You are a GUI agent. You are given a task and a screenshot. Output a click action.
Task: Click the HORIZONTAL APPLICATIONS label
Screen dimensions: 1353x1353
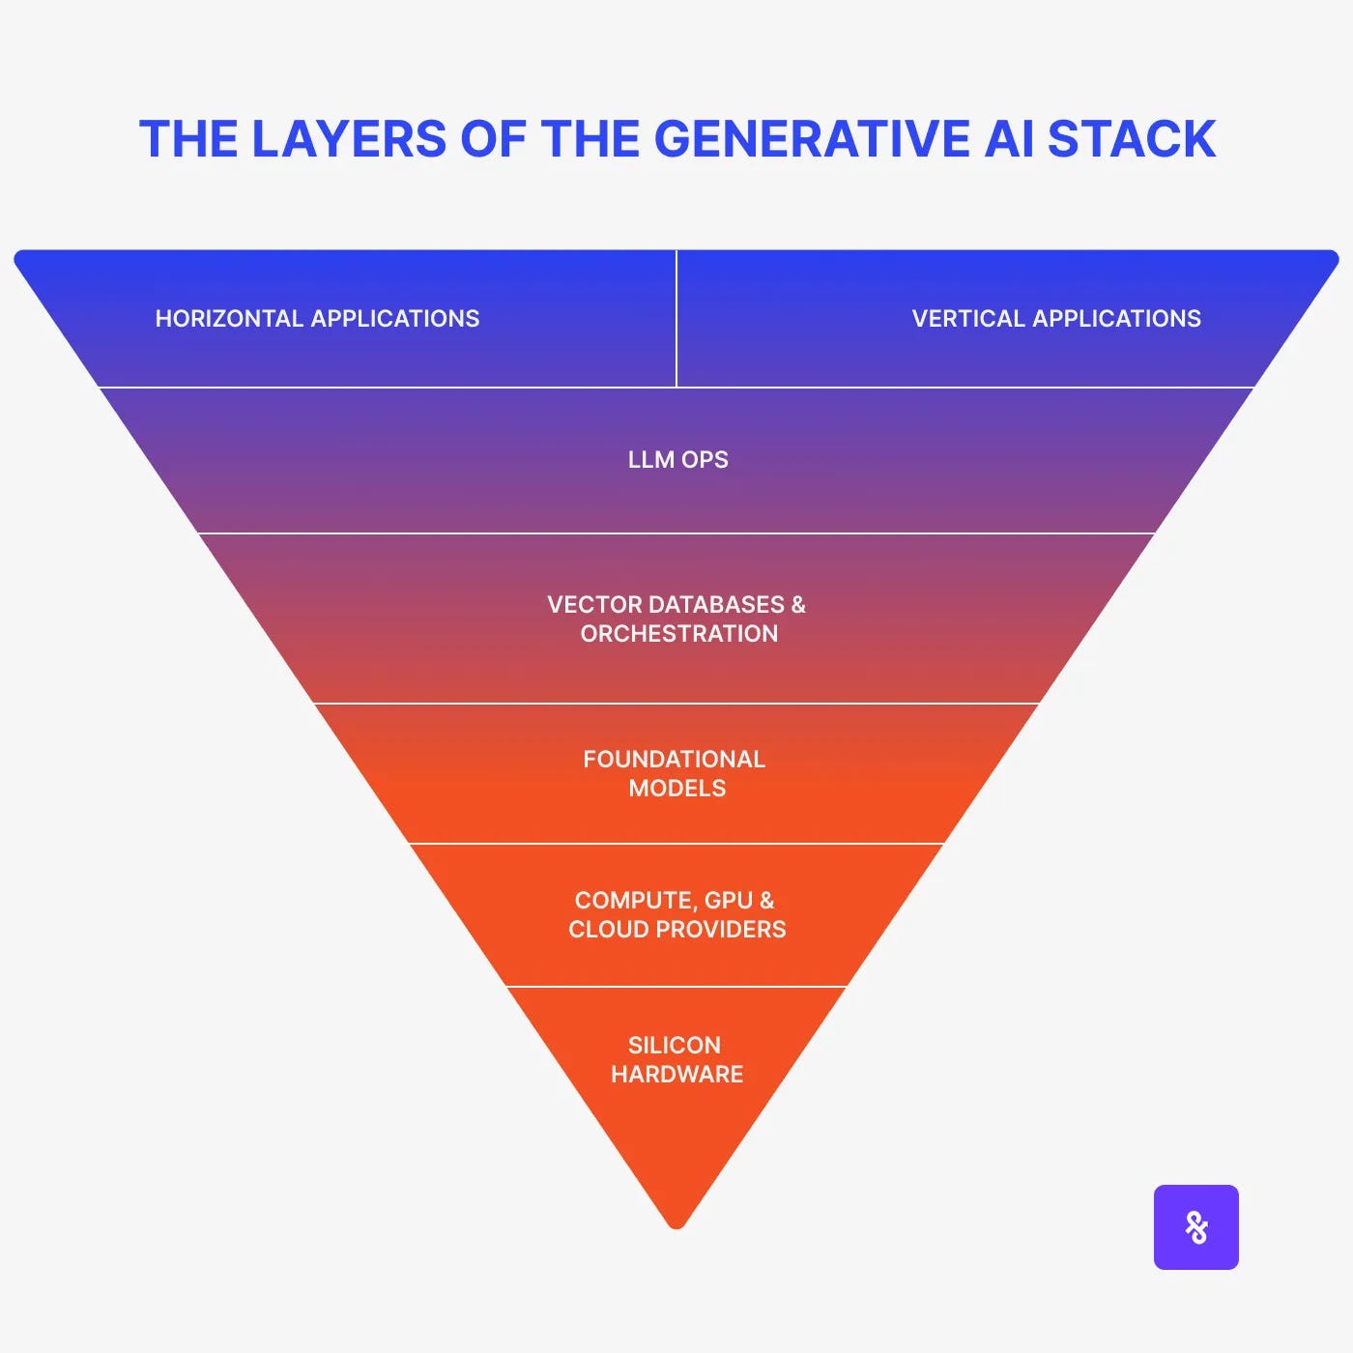point(317,319)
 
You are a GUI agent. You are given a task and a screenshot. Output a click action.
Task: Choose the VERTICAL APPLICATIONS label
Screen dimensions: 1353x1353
point(1056,319)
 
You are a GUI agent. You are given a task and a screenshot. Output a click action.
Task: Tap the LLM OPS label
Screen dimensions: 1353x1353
point(677,460)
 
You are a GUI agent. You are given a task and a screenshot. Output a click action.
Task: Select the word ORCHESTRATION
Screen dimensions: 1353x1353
point(678,634)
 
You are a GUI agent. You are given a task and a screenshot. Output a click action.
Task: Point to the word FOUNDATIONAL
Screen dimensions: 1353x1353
point(674,760)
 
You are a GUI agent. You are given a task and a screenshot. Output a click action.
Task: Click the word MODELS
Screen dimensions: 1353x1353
point(676,789)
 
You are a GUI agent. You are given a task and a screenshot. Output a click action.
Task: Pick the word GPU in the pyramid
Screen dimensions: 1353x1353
point(728,901)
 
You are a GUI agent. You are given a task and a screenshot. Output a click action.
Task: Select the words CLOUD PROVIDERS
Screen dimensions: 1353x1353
point(676,930)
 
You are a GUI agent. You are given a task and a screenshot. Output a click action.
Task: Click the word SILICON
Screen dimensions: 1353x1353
point(674,1046)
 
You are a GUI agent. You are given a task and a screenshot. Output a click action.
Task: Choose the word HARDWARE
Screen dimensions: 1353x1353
point(676,1075)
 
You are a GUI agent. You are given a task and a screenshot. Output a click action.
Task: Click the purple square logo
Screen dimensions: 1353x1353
point(1195,1226)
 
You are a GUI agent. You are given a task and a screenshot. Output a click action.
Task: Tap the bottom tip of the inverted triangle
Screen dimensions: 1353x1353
point(676,1224)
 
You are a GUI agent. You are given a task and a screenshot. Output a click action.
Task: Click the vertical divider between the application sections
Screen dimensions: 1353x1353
point(676,319)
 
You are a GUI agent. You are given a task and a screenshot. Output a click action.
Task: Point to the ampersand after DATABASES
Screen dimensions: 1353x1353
point(797,605)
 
